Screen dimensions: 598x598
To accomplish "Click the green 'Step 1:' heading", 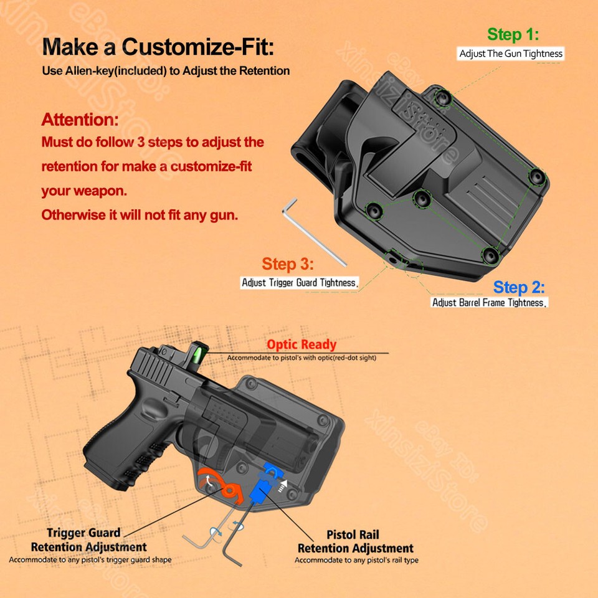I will click(x=513, y=34).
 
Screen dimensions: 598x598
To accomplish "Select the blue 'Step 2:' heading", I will click(x=519, y=287).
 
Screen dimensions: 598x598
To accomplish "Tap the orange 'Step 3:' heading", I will click(x=287, y=264).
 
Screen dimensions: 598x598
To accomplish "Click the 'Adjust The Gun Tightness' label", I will click(x=511, y=54).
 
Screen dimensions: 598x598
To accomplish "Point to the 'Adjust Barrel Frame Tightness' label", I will click(x=489, y=303).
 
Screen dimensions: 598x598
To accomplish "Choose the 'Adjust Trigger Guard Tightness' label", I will click(x=300, y=283).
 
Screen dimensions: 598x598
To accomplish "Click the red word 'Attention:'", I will click(x=80, y=119).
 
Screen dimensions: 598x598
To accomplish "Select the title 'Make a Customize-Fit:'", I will click(x=158, y=46).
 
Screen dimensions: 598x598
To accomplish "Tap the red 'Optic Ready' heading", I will click(x=301, y=344).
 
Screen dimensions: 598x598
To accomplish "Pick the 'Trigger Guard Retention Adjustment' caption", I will click(x=88, y=540).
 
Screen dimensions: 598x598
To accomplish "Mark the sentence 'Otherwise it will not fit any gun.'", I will click(x=140, y=215).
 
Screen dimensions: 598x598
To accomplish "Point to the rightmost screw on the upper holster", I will click(x=537, y=176).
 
